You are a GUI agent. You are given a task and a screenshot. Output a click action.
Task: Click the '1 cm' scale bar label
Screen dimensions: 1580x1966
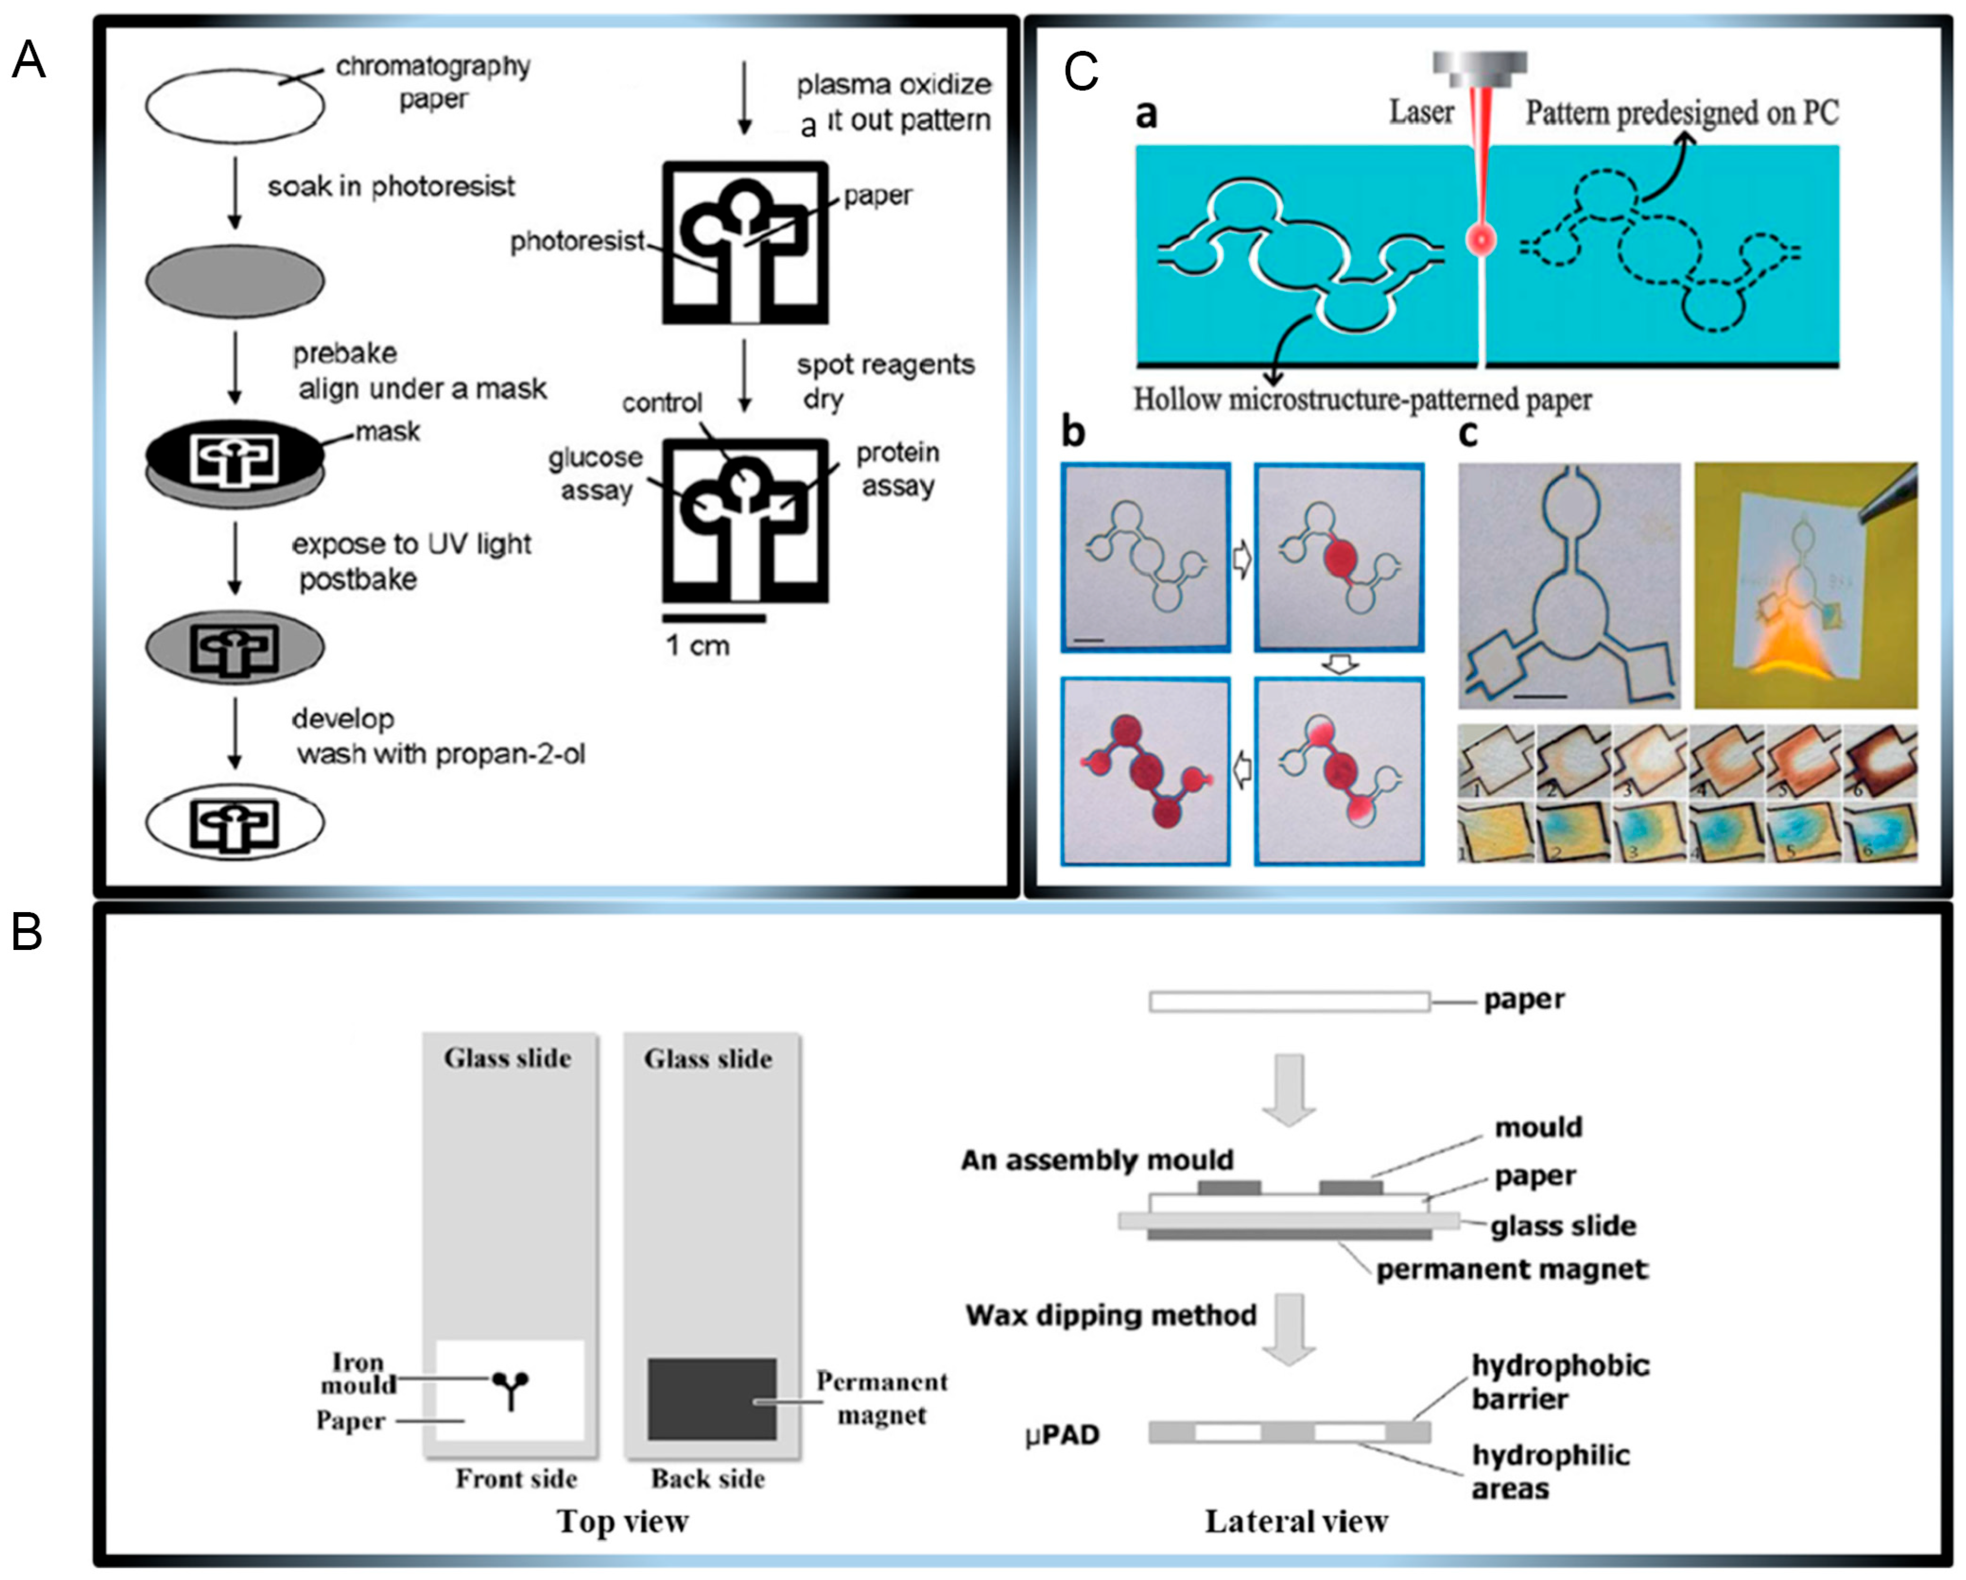pos(698,646)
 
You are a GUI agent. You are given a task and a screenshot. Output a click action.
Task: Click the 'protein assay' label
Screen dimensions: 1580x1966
pos(897,469)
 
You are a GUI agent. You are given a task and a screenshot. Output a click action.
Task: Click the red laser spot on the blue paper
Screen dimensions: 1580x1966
pos(1481,240)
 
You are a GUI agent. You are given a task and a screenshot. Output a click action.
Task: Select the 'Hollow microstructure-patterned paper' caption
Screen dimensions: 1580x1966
pos(1362,399)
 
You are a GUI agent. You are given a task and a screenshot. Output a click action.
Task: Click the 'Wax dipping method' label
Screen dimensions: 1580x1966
pos(1111,1315)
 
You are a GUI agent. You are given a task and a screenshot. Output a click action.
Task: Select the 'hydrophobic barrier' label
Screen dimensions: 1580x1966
pos(1560,1381)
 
